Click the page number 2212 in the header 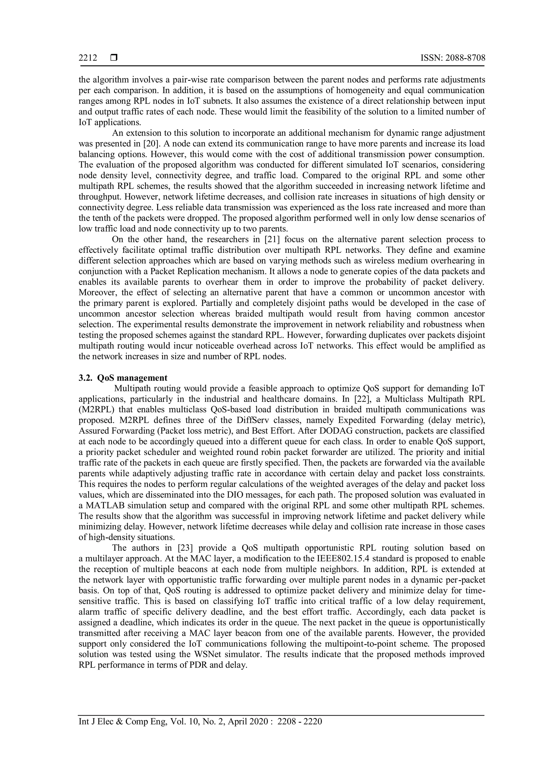coord(88,58)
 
